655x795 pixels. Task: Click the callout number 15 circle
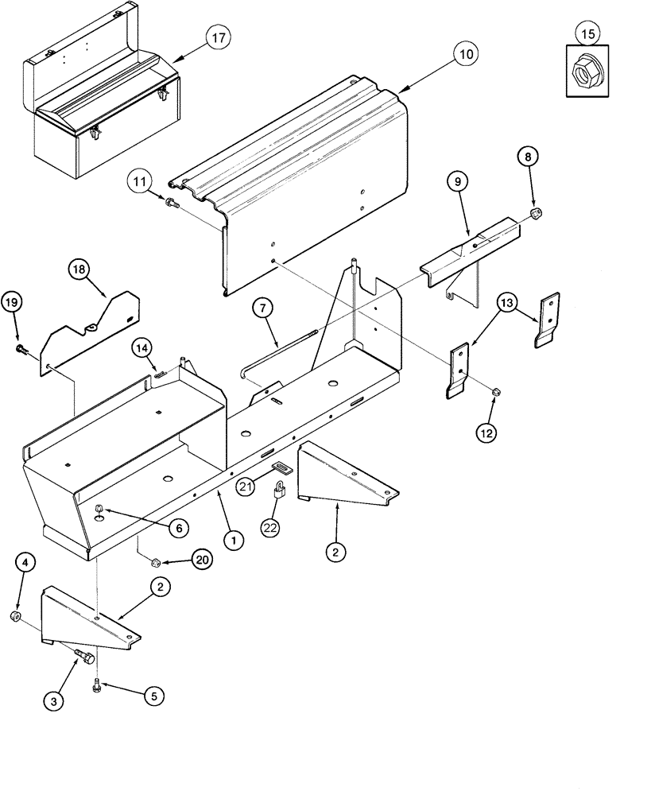587,35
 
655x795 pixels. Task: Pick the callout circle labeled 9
457,182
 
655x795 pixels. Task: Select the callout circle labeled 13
508,302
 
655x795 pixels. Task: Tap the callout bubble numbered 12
486,433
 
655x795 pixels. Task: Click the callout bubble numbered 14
140,347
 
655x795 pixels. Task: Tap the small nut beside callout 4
15,617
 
